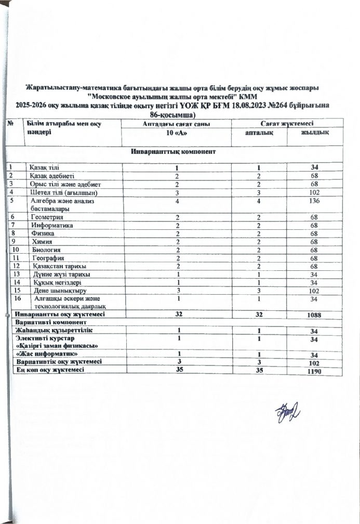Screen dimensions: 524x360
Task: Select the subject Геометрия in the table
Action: click(x=47, y=217)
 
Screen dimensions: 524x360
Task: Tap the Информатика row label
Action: click(x=52, y=226)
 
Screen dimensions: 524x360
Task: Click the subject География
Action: click(x=48, y=258)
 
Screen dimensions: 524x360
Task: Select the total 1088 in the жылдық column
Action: click(x=314, y=315)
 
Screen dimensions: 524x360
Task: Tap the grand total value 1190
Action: click(x=314, y=372)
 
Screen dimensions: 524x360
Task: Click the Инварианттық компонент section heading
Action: click(x=173, y=152)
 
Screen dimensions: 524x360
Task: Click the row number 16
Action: click(x=19, y=299)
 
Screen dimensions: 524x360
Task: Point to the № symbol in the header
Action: click(x=11, y=123)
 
